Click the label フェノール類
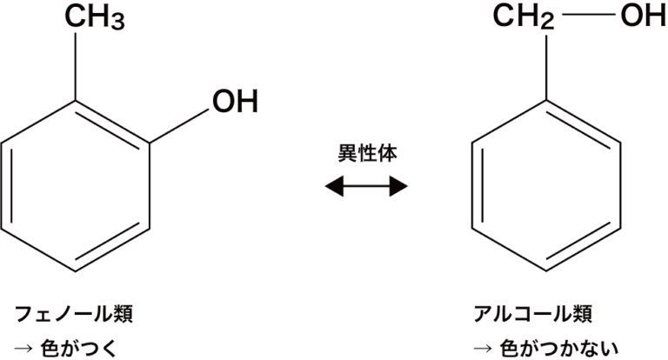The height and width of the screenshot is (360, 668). (x=75, y=312)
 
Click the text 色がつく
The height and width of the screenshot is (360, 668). (x=91, y=348)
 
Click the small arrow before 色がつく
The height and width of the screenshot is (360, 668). (x=25, y=349)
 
